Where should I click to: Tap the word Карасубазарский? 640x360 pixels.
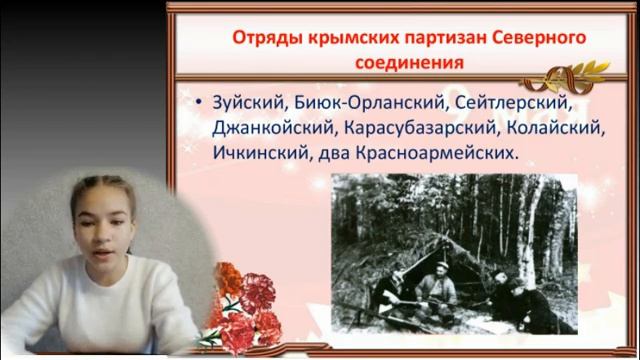[x=418, y=129]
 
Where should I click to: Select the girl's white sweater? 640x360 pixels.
[x=110, y=310]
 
